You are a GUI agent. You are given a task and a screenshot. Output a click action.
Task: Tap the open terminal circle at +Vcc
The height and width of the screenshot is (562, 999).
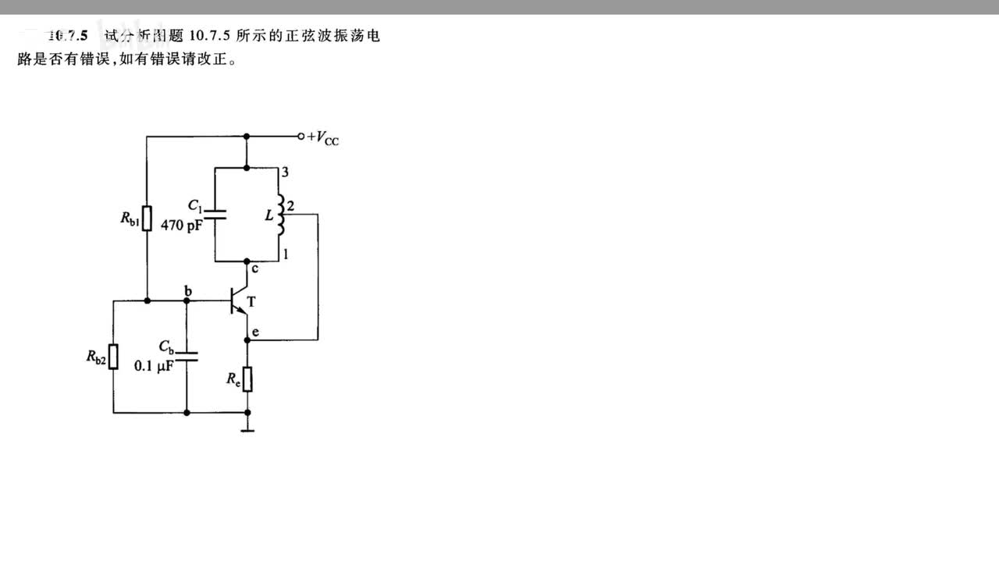click(301, 136)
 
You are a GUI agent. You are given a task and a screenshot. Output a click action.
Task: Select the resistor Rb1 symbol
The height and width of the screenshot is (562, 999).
click(147, 219)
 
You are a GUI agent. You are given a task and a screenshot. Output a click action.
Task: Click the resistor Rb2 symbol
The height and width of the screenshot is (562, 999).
click(114, 357)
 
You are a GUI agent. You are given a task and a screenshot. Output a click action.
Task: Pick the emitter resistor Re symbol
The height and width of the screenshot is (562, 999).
click(247, 379)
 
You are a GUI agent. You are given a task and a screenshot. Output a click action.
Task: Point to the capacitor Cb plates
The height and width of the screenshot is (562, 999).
click(187, 357)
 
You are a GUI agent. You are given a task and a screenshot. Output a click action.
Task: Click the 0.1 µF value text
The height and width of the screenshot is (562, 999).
click(153, 365)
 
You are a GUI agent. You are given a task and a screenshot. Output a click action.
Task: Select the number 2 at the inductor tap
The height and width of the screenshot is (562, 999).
click(290, 206)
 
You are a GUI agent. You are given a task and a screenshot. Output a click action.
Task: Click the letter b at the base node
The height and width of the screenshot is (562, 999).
click(187, 290)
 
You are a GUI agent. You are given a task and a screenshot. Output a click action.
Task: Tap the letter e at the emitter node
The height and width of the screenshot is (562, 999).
click(255, 333)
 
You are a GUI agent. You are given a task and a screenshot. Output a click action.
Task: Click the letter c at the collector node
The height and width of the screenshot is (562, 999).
click(255, 269)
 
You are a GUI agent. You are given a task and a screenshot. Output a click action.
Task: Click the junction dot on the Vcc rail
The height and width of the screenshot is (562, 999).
click(247, 136)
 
